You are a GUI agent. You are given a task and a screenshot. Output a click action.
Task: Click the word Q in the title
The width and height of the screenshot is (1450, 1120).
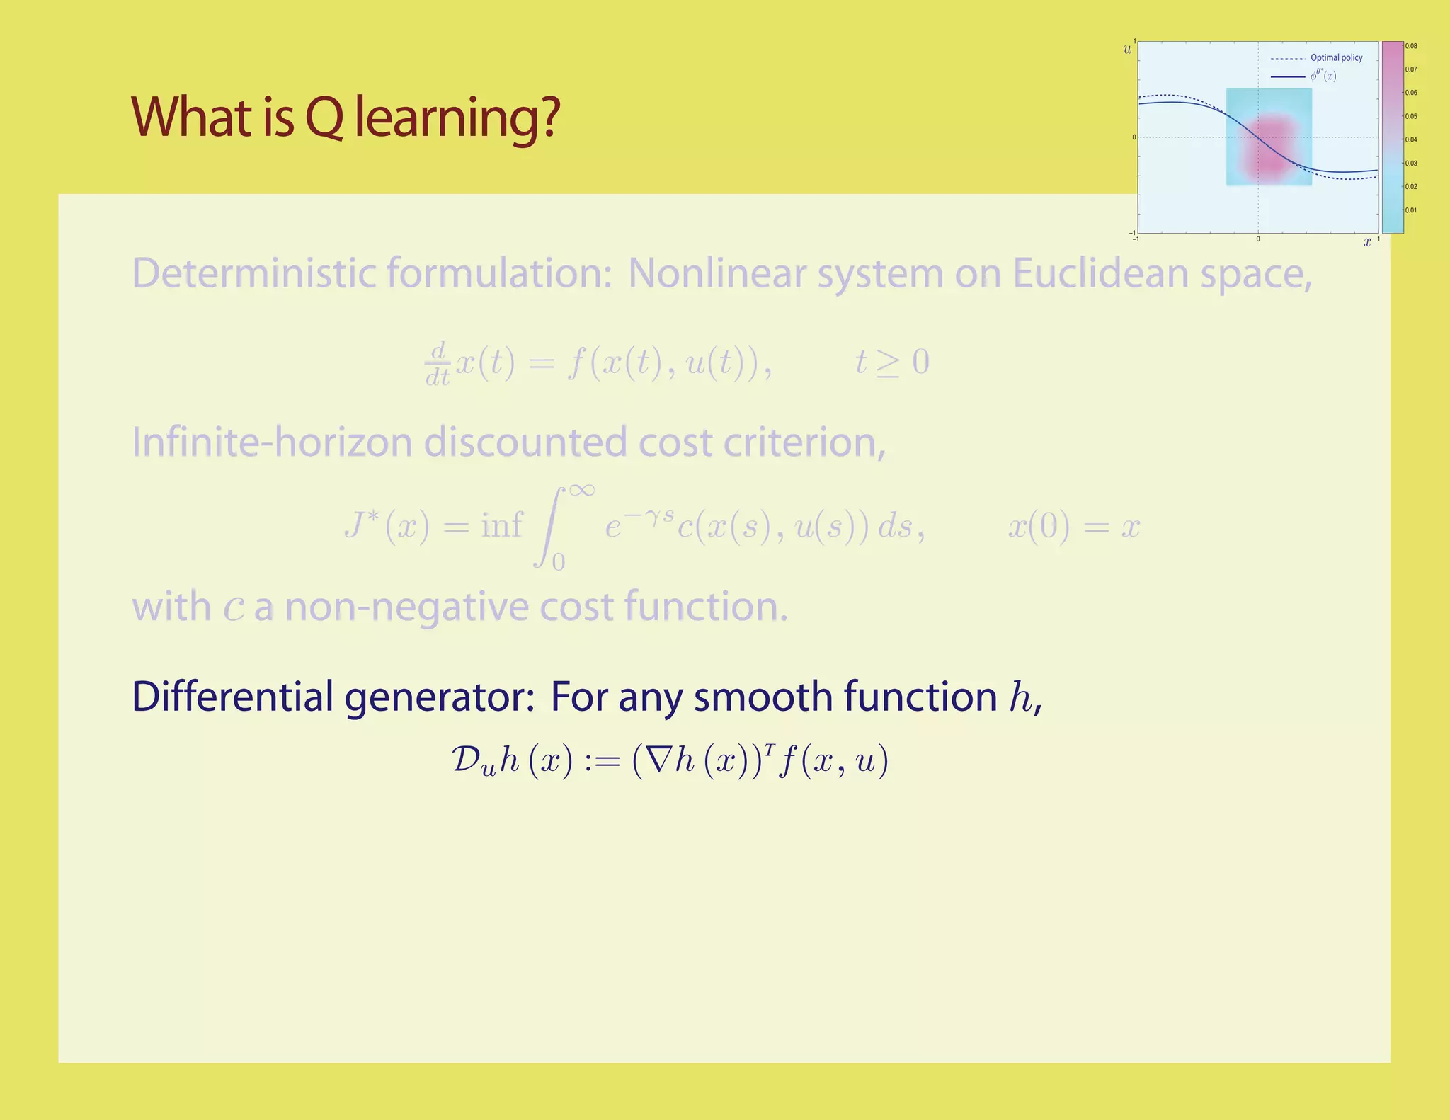(324, 118)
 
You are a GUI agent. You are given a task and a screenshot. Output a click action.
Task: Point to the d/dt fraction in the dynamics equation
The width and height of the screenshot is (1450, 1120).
(438, 362)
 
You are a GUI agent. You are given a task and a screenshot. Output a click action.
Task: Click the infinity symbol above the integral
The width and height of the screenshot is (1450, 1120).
(581, 490)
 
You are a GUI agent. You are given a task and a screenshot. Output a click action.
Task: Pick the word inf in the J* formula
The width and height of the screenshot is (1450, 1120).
(501, 525)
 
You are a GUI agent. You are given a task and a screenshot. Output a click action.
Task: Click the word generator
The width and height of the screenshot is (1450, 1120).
(439, 697)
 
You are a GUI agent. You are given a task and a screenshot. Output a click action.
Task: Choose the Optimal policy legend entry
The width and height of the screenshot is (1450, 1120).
(1335, 58)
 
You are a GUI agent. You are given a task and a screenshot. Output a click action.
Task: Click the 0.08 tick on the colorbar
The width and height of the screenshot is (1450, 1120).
(1411, 46)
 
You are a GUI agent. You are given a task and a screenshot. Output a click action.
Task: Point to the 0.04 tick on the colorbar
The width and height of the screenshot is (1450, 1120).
(1411, 139)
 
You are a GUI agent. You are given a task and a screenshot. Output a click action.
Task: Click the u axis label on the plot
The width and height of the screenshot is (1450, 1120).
(1127, 50)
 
